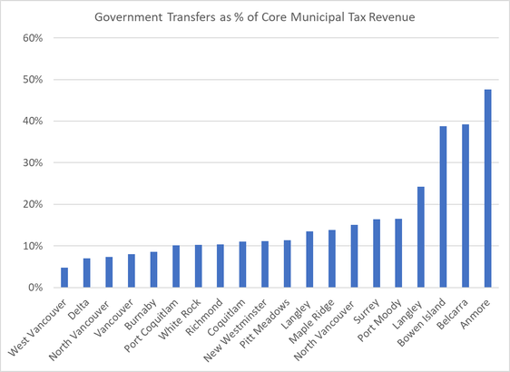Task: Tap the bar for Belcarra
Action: pos(466,206)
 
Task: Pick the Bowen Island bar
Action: pos(444,207)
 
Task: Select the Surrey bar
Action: pos(377,253)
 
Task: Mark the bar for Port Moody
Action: pos(399,253)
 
